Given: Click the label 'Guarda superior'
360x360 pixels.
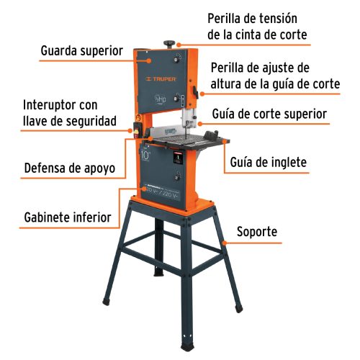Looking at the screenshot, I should (x=81, y=51).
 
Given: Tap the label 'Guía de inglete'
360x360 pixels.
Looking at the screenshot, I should (x=269, y=163).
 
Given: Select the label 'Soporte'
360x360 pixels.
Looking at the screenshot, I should (x=257, y=233).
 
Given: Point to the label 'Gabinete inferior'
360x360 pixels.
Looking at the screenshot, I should (x=67, y=217).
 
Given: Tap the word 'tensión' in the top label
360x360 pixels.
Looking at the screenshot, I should (x=276, y=17).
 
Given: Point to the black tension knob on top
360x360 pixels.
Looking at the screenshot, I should (x=172, y=42).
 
